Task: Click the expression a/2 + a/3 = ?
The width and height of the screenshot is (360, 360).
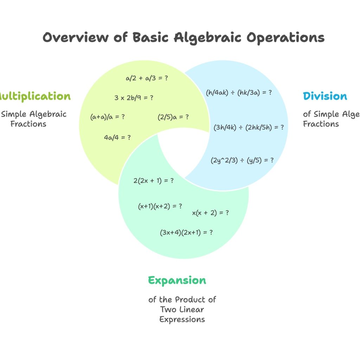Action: [x=147, y=78]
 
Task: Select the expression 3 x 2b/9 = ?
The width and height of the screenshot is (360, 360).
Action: [x=134, y=98]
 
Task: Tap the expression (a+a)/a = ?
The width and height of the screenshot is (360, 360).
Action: [x=108, y=117]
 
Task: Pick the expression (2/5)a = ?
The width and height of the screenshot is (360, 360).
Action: [x=173, y=117]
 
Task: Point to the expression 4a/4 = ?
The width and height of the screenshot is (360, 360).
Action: [x=117, y=137]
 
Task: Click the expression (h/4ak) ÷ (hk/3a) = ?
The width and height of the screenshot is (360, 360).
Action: [x=239, y=93]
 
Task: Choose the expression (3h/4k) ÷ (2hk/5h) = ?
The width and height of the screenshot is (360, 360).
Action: [x=249, y=127]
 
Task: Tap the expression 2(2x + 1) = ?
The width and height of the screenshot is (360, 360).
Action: [x=154, y=181]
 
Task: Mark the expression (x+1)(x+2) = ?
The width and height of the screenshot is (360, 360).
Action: [x=160, y=206]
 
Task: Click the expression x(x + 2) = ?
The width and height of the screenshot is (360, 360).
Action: [x=211, y=213]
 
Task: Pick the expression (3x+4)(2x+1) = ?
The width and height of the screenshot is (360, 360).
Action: [x=186, y=232]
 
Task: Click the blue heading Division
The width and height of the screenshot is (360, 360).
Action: [x=325, y=96]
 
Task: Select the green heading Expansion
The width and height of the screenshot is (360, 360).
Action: [x=177, y=281]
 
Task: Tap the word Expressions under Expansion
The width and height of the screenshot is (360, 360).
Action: [x=182, y=320]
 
